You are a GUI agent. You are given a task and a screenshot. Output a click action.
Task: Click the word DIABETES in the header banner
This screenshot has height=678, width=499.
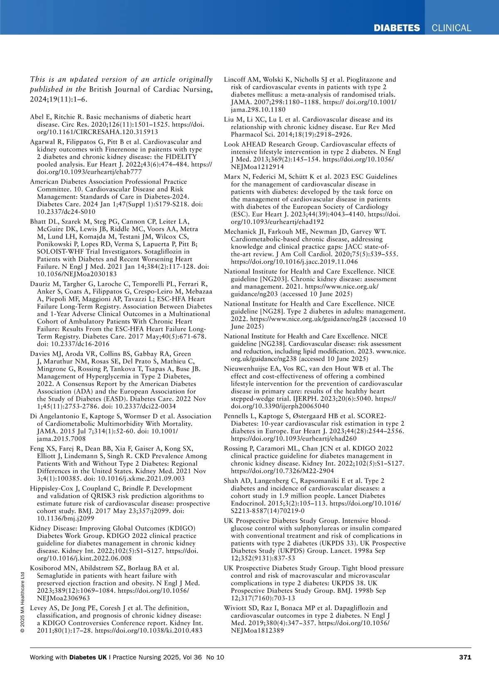click(x=397, y=28)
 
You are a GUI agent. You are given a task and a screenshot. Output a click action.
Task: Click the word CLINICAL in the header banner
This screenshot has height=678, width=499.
click(x=451, y=28)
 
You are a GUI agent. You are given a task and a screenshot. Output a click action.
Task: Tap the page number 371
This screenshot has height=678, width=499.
click(x=465, y=657)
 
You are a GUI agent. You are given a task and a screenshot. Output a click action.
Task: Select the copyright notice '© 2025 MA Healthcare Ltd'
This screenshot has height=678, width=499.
click(x=22, y=602)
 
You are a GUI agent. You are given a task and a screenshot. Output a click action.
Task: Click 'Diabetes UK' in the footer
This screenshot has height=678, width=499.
click(x=88, y=657)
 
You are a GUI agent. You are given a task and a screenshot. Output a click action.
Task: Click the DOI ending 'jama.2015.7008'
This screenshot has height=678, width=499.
click(x=61, y=438)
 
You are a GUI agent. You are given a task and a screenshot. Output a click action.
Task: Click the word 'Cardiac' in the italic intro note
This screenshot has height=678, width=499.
click(x=170, y=89)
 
